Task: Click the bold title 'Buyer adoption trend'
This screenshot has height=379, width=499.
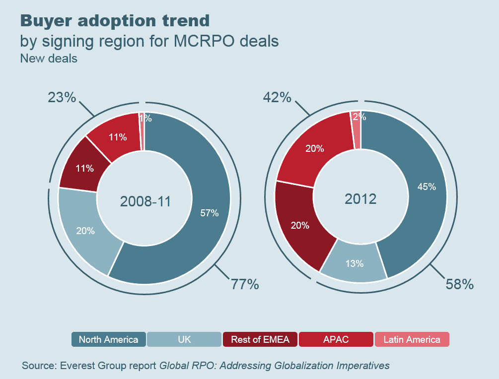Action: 114,21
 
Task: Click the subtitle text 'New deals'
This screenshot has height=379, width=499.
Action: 49,58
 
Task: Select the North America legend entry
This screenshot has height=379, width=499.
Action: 108,339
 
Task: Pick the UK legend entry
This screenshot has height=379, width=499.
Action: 184,339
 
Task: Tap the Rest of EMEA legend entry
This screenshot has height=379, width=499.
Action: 260,339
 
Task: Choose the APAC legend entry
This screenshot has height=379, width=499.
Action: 336,339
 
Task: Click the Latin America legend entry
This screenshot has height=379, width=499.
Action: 412,339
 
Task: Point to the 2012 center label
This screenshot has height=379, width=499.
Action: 360,199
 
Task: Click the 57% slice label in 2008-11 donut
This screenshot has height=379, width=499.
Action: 209,213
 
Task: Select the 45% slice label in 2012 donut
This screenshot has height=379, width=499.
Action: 427,187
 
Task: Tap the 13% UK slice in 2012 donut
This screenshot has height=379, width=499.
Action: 355,263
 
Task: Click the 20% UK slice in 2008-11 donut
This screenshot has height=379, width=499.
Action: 85,231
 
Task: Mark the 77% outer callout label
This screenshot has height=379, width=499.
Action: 244,284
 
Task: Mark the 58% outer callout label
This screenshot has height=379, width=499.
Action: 459,284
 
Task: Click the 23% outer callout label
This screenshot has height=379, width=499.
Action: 62,97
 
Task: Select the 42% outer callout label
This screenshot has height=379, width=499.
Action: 277,97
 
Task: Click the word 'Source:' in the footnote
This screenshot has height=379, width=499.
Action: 39,366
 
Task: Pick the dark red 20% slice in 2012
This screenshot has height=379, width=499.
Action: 299,225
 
